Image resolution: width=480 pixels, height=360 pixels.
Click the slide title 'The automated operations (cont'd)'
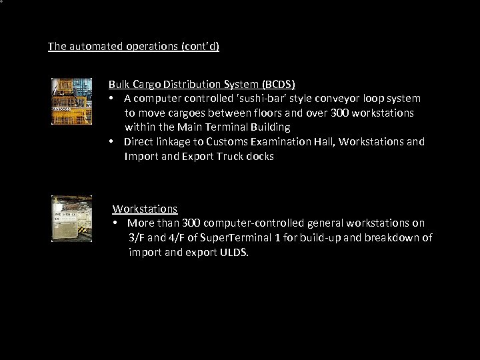pyautogui.click(x=133, y=47)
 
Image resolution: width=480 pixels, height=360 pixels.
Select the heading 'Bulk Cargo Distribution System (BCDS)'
pyautogui.click(x=202, y=84)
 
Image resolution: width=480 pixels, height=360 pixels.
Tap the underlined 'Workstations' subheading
pyautogui.click(x=145, y=209)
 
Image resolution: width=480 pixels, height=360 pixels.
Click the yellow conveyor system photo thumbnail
pyautogui.click(x=72, y=101)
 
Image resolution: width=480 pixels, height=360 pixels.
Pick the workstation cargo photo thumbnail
pyautogui.click(x=72, y=218)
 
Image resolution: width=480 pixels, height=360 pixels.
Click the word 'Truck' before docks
pyautogui.click(x=227, y=156)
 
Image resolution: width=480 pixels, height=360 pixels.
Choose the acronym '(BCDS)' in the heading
pyautogui.click(x=279, y=84)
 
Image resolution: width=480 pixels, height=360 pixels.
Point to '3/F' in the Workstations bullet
pyautogui.click(x=137, y=238)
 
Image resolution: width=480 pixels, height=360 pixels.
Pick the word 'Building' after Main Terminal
pyautogui.click(x=268, y=127)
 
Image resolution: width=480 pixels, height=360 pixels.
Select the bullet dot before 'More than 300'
pyautogui.click(x=116, y=223)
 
